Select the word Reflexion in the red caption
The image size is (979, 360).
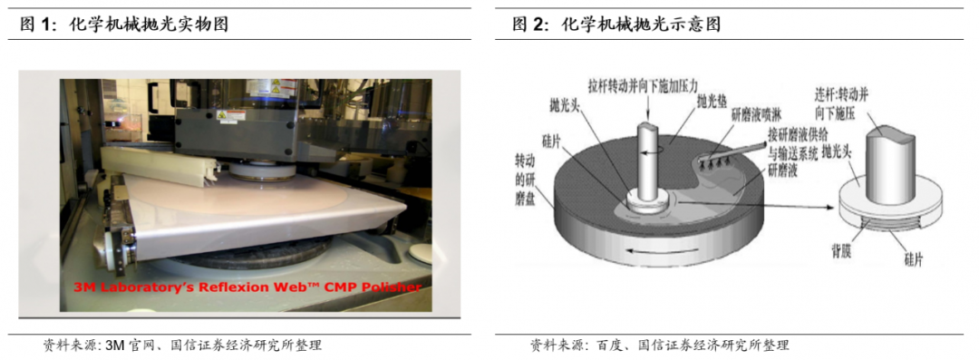click(228, 287)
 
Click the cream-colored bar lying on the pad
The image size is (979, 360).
click(159, 163)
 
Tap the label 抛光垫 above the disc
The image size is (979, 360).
click(712, 102)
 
